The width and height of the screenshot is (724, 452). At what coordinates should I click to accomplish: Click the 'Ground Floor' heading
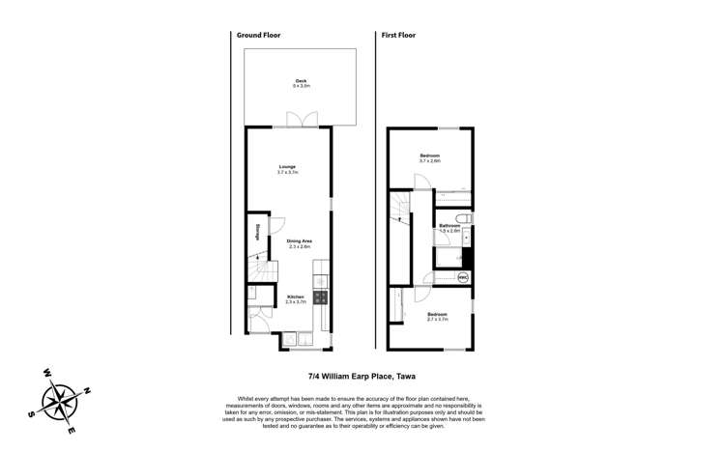click(x=259, y=36)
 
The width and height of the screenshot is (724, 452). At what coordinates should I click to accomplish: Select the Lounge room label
click(x=287, y=169)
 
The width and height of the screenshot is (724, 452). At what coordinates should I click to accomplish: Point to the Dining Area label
click(x=299, y=243)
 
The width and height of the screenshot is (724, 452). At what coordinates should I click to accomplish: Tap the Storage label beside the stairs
click(x=257, y=233)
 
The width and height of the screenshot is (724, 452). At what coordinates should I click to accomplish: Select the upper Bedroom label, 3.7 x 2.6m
click(x=430, y=158)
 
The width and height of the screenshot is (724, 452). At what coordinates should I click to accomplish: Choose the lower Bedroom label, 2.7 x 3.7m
click(x=438, y=316)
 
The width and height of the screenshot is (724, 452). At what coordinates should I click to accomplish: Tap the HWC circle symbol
click(x=463, y=276)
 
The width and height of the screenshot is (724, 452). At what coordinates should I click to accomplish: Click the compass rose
click(x=59, y=395)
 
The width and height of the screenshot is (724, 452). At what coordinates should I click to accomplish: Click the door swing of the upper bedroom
click(x=420, y=182)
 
